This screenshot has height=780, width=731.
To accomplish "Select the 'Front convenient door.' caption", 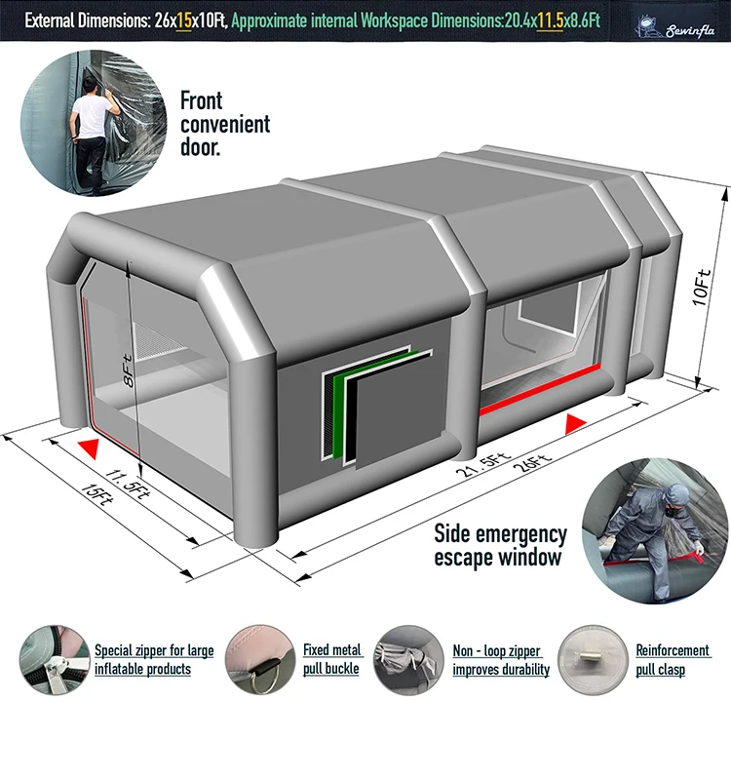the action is [224, 124].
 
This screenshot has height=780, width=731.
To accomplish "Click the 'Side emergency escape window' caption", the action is [499, 546].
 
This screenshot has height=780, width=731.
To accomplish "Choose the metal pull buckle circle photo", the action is [257, 659].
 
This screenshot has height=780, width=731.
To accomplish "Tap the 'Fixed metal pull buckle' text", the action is [331, 659].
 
